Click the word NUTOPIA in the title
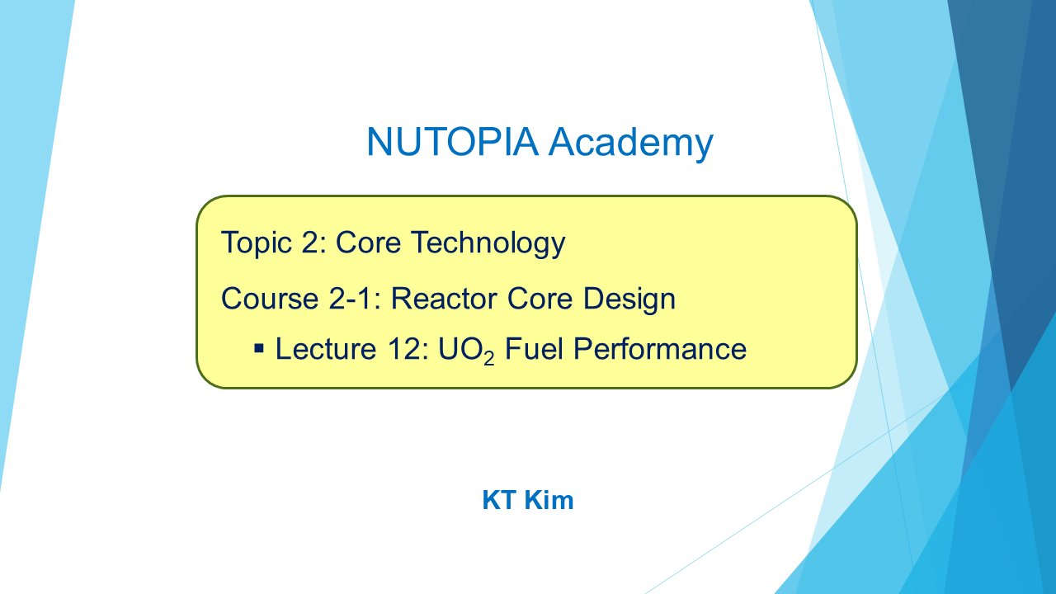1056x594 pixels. pyautogui.click(x=453, y=141)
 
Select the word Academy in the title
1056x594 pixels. pyautogui.click(x=631, y=144)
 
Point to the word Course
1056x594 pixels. pyautogui.click(x=270, y=299)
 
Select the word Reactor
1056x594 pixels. pyautogui.click(x=444, y=299)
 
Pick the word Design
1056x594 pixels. pyautogui.click(x=629, y=299)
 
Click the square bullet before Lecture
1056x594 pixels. pyautogui.click(x=259, y=348)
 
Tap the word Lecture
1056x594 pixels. pyautogui.click(x=326, y=349)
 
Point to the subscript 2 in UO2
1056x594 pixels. pyautogui.click(x=489, y=358)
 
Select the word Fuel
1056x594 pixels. pyautogui.click(x=534, y=349)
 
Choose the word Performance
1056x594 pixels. pyautogui.click(x=660, y=349)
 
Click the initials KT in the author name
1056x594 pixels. pyautogui.click(x=499, y=500)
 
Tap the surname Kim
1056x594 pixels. pyautogui.click(x=549, y=500)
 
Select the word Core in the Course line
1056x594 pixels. pyautogui.click(x=540, y=299)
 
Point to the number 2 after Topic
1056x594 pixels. pyautogui.click(x=310, y=243)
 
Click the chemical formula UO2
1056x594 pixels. pyautogui.click(x=466, y=350)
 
